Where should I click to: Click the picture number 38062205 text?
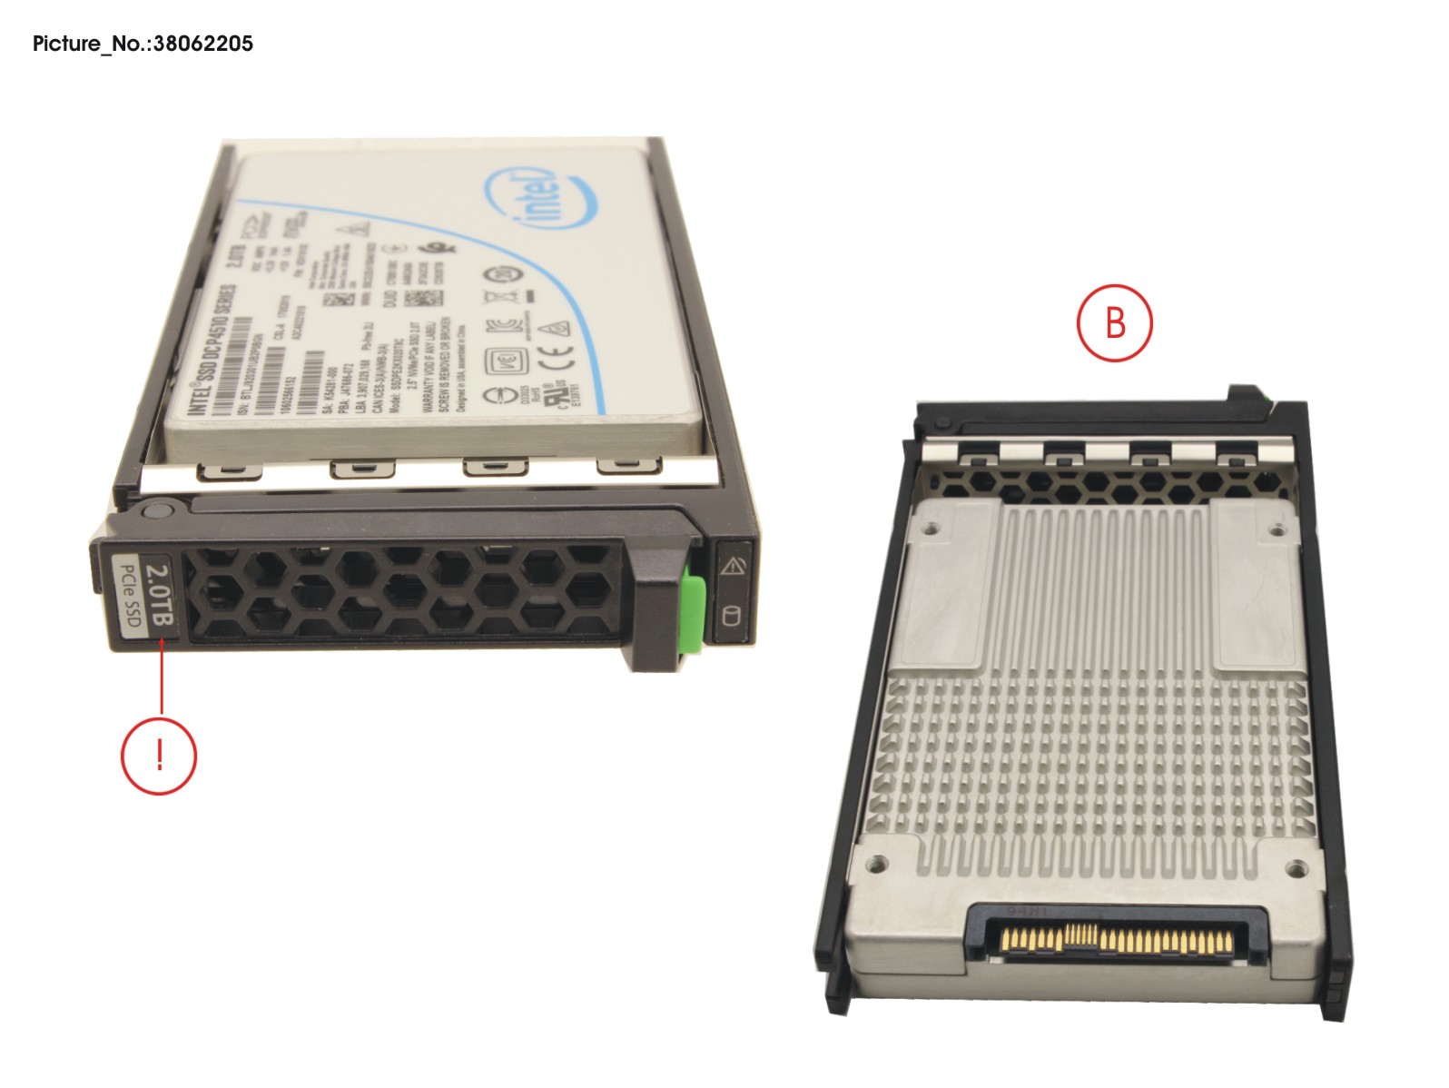click(x=143, y=43)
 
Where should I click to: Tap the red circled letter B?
click(x=1114, y=323)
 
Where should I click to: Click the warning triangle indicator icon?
click(x=731, y=569)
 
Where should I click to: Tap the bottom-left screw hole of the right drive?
click(x=876, y=867)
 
